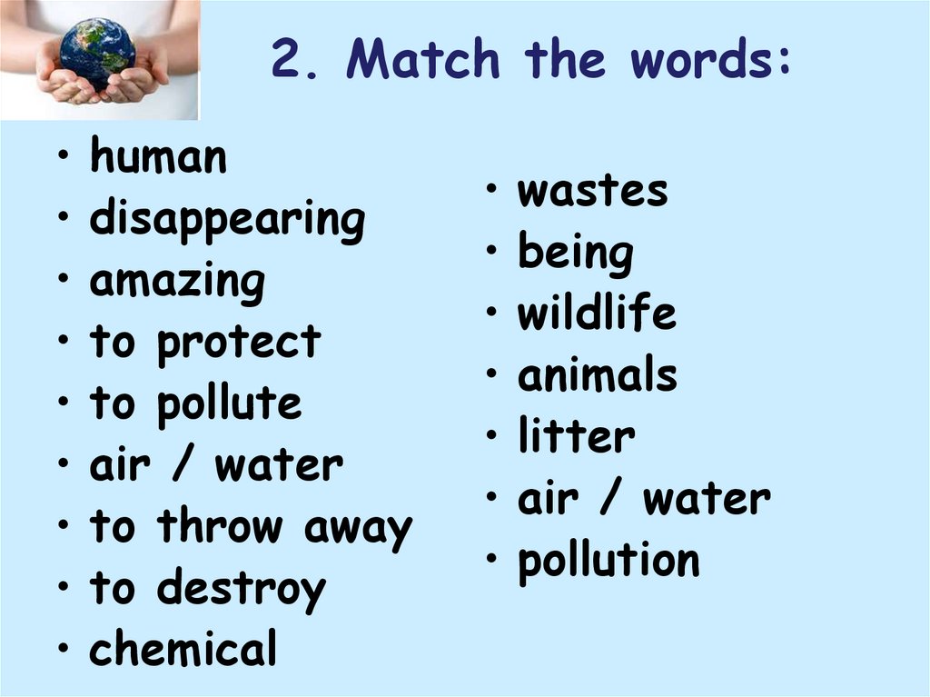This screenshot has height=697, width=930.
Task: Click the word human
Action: click(158, 158)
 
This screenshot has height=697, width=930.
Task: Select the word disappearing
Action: click(227, 221)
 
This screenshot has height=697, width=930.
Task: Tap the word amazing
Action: click(177, 282)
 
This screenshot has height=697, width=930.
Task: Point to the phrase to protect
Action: click(205, 344)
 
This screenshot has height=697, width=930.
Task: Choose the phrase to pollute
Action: click(195, 404)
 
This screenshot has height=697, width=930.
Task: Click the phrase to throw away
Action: click(251, 528)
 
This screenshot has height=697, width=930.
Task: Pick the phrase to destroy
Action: click(207, 589)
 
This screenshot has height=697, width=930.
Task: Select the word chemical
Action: click(183, 650)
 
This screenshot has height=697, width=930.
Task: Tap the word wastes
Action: click(592, 192)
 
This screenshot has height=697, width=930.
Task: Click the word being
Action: click(576, 254)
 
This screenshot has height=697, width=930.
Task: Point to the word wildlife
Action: click(597, 314)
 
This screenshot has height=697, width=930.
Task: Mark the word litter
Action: click(576, 437)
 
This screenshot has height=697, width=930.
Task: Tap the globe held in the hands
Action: click(97, 53)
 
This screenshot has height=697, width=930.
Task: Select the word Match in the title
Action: click(423, 61)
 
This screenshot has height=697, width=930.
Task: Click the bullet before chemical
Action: click(63, 651)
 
